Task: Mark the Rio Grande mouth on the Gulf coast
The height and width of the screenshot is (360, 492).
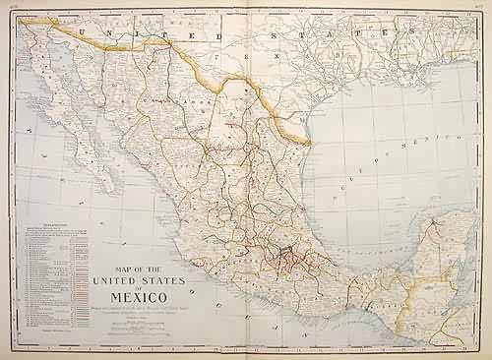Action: (x=307, y=145)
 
